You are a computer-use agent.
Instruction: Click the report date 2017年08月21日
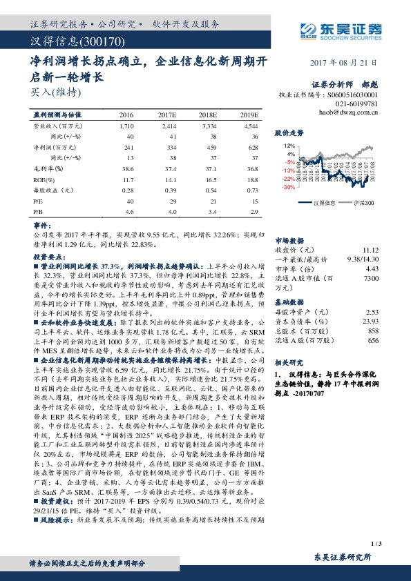click(350, 62)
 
